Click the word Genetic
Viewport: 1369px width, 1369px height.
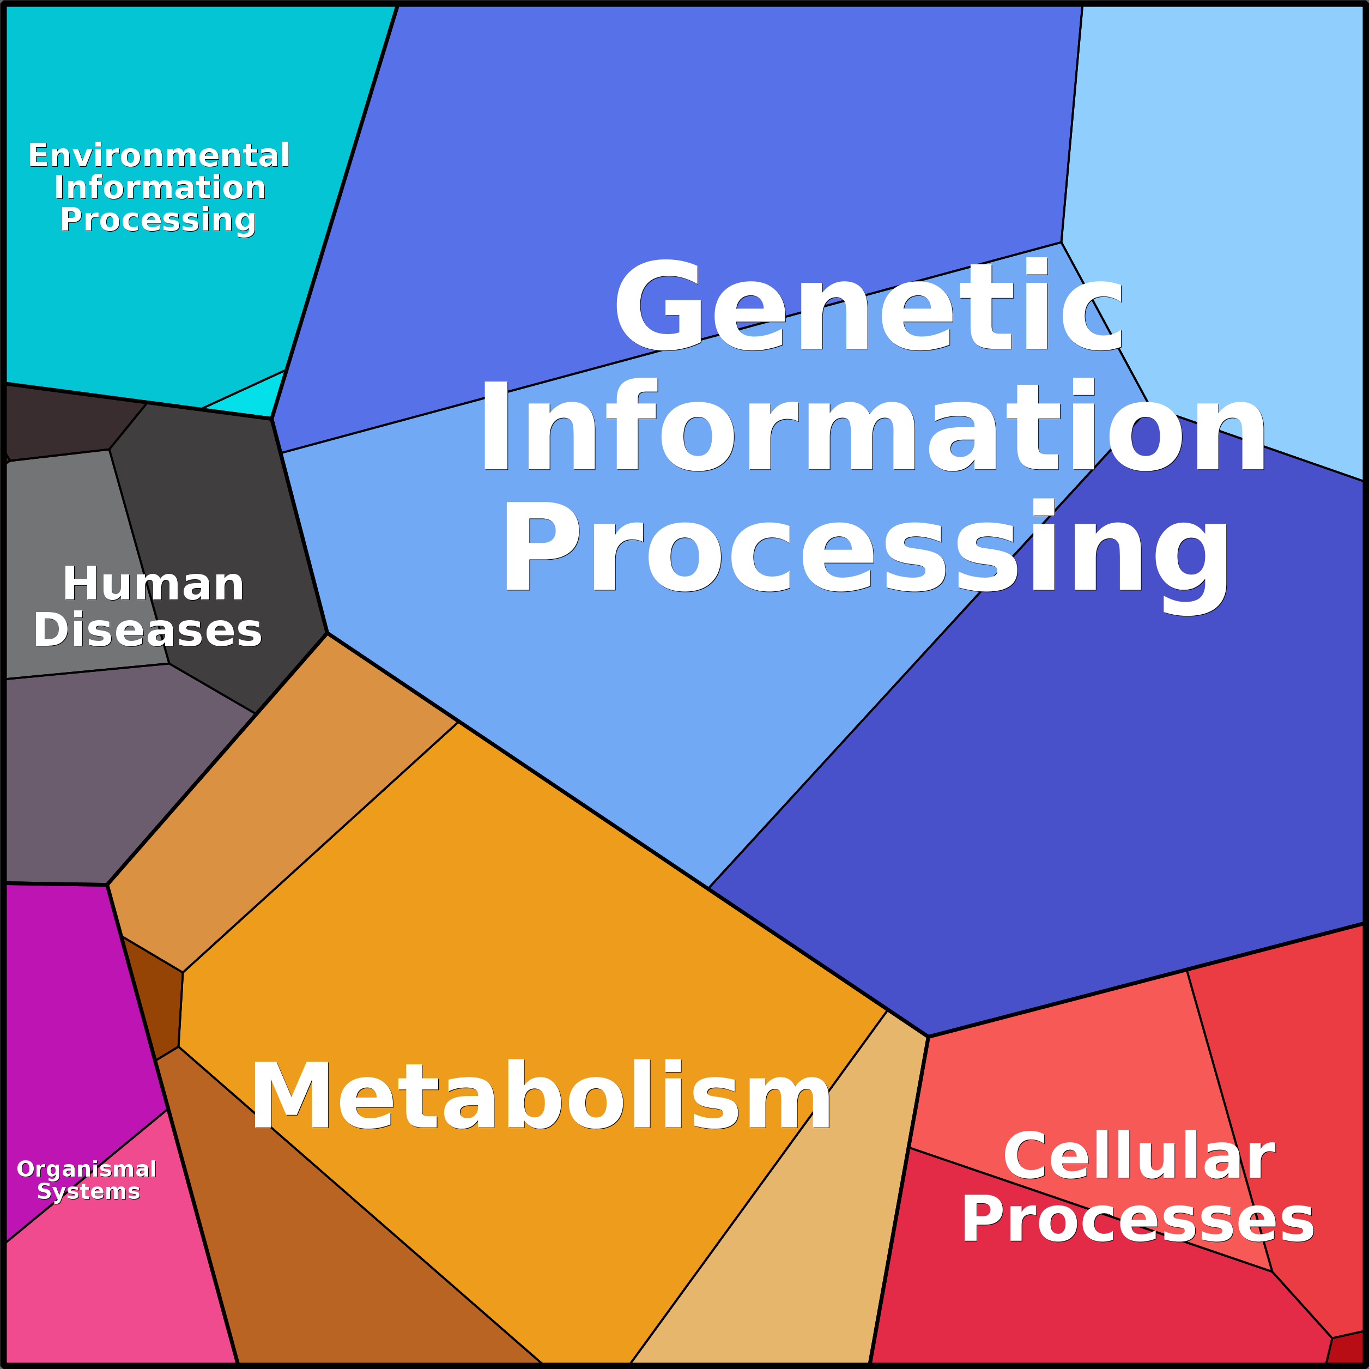pyautogui.click(x=868, y=306)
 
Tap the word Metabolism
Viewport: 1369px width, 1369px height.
pyautogui.click(x=541, y=1096)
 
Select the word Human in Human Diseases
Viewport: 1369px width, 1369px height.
pyautogui.click(x=153, y=585)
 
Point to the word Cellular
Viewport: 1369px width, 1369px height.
pyautogui.click(x=1138, y=1156)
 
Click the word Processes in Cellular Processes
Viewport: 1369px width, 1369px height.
pyautogui.click(x=1137, y=1220)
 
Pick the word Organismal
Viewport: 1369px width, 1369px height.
pyautogui.click(x=87, y=1169)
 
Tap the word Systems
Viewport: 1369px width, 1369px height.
pyautogui.click(x=89, y=1192)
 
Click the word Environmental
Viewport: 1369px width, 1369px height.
pyautogui.click(x=159, y=156)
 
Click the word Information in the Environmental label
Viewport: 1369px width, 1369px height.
pyautogui.click(x=160, y=188)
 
